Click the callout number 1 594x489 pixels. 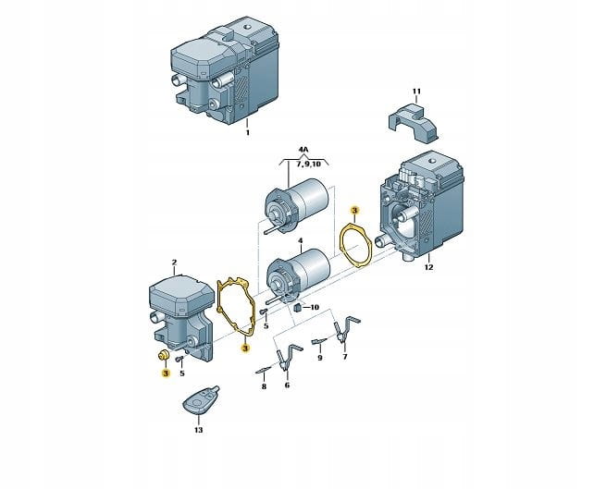point(248,133)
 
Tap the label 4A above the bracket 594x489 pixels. point(303,150)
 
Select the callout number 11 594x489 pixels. point(416,92)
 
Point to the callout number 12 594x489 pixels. point(428,267)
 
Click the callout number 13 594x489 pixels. point(199,430)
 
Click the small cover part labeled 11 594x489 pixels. point(413,122)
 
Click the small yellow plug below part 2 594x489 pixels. point(164,355)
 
